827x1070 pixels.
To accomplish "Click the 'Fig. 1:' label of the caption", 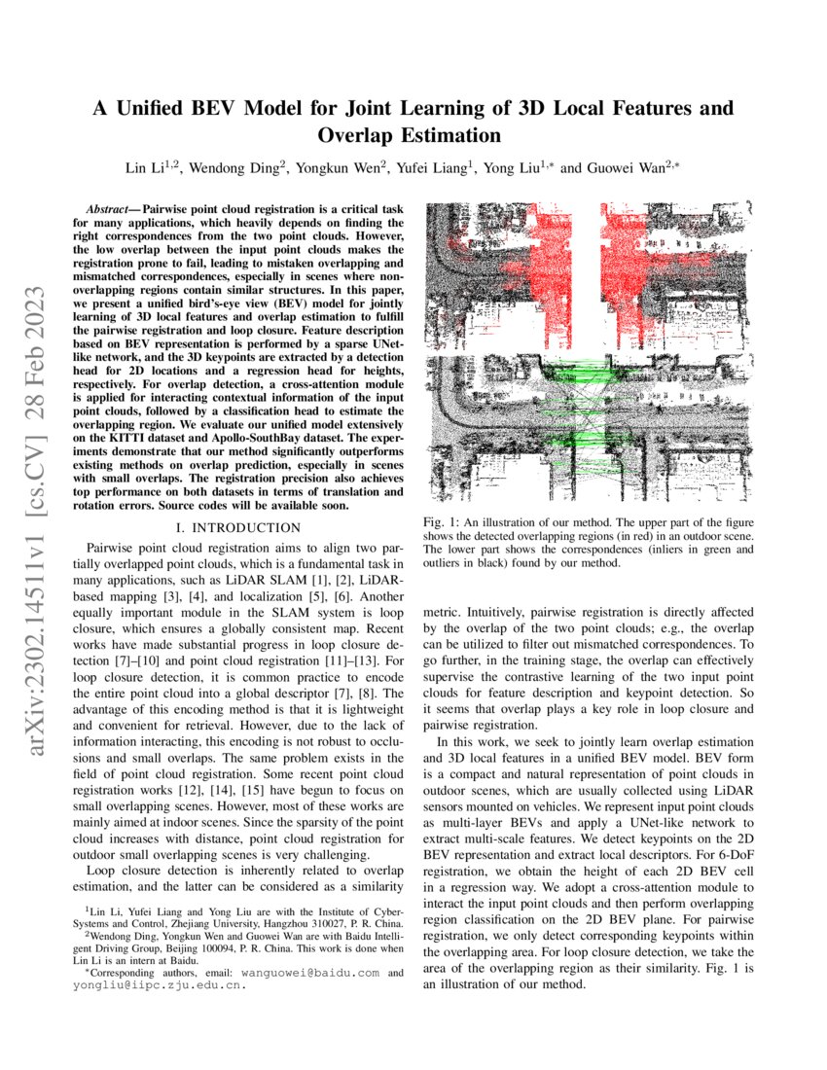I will (x=441, y=523).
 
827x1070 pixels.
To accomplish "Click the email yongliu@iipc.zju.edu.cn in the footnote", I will (x=159, y=984).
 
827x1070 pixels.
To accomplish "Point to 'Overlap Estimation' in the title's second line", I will (x=413, y=135).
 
